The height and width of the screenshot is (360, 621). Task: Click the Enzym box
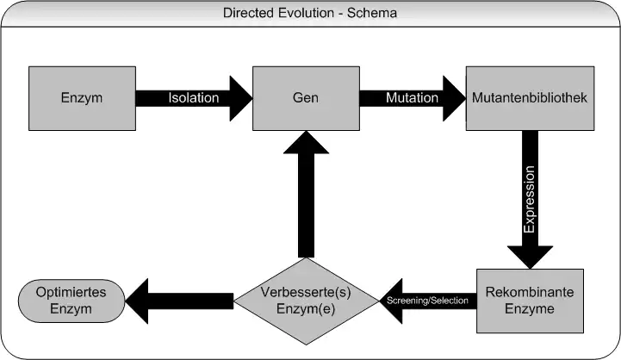tap(82, 97)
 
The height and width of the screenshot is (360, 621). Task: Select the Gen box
tap(305, 97)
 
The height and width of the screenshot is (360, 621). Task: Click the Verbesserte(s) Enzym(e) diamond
tap(305, 300)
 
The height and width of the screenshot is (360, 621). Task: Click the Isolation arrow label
tap(193, 98)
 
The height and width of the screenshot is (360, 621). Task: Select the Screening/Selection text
tap(428, 301)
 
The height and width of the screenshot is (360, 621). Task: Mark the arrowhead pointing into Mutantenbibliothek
tap(452, 97)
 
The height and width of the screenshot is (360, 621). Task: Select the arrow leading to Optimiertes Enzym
tap(181, 300)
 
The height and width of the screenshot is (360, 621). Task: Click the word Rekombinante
tap(530, 292)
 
